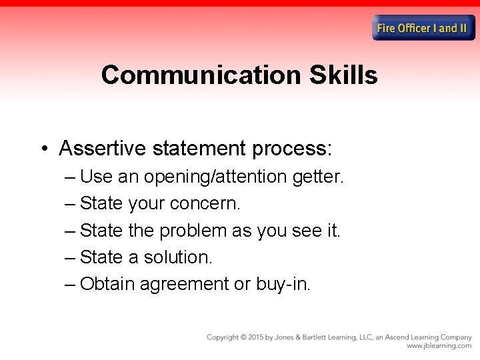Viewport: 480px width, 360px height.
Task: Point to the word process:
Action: pos(292,148)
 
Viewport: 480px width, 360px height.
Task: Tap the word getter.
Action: pos(317,177)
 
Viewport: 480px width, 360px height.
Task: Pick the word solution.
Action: pos(177,257)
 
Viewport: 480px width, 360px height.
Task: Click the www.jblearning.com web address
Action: pos(439,346)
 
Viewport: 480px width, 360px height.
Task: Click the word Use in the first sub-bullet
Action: pos(96,177)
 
